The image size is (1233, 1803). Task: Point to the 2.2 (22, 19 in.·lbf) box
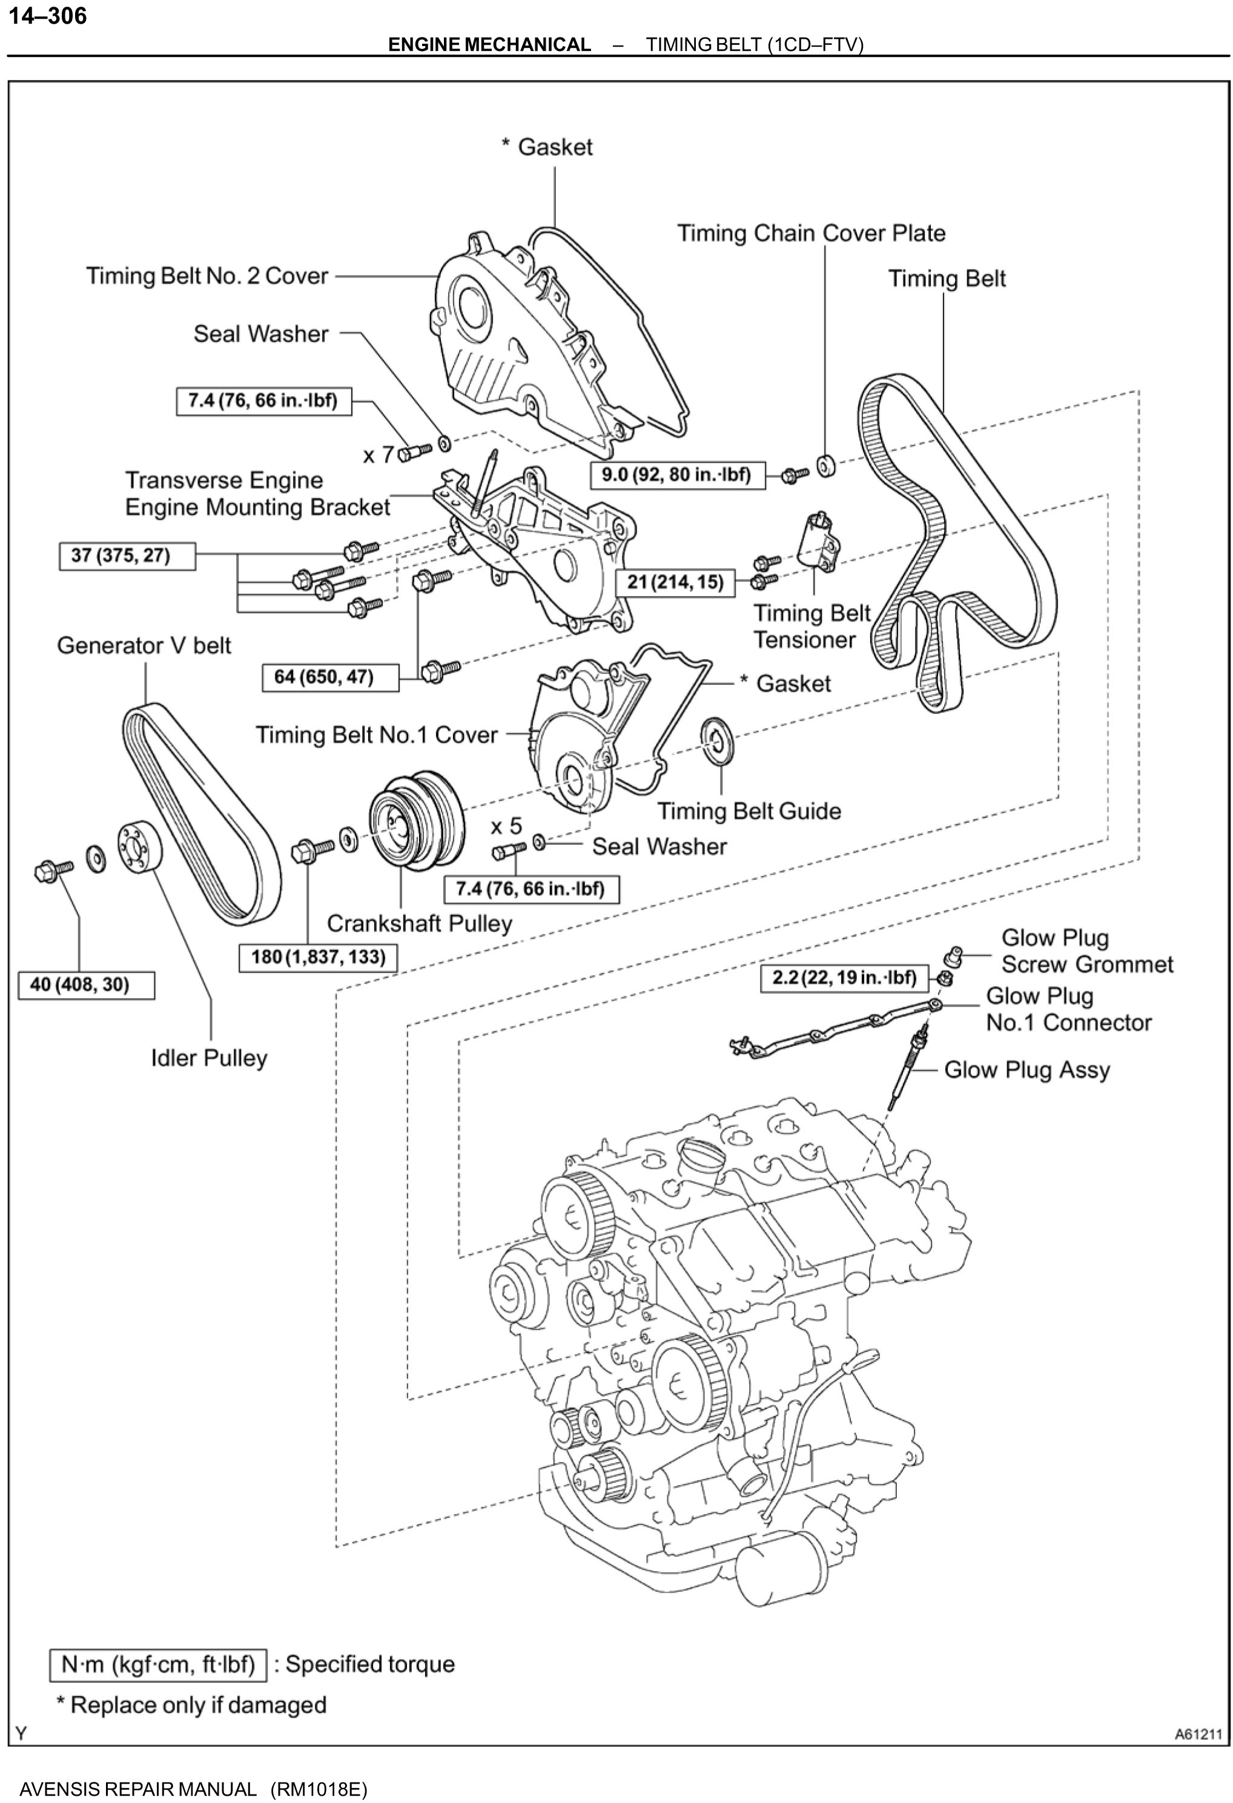click(844, 978)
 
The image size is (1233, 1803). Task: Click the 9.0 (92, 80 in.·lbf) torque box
click(676, 475)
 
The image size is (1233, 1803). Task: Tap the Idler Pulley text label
click(209, 1058)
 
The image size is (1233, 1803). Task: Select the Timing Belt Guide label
click(749, 811)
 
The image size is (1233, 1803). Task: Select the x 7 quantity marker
click(378, 455)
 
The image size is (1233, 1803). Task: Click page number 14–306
click(47, 16)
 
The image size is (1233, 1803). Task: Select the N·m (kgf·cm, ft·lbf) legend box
click(158, 1665)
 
